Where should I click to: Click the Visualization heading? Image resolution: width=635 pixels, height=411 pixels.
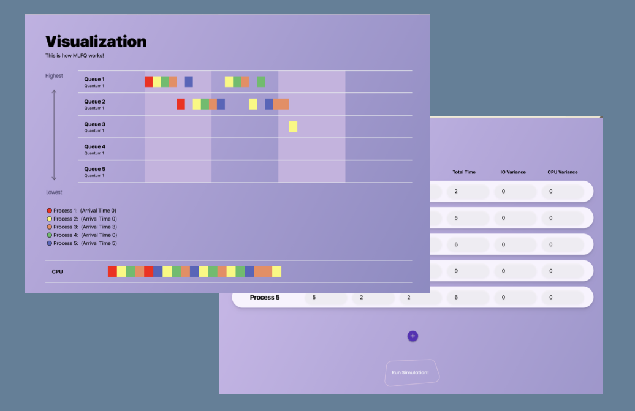pyautogui.click(x=96, y=42)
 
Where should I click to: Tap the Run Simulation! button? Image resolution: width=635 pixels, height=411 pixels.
pyautogui.click(x=411, y=372)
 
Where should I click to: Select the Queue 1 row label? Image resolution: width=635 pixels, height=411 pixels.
pyautogui.click(x=94, y=80)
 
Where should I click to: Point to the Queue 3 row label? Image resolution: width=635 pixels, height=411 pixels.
pyautogui.click(x=94, y=124)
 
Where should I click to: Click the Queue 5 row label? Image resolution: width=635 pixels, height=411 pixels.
pyautogui.click(x=94, y=169)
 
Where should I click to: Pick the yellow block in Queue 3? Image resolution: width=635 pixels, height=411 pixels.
pyautogui.click(x=293, y=126)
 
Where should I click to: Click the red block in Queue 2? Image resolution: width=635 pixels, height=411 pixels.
pyautogui.click(x=181, y=104)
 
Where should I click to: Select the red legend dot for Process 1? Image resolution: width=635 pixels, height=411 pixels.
pyautogui.click(x=50, y=211)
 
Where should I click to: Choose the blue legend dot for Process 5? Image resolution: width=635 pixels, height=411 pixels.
pyautogui.click(x=50, y=243)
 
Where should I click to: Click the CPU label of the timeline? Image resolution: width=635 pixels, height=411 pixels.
pyautogui.click(x=57, y=271)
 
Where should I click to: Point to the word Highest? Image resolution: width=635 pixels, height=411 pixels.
pyautogui.click(x=54, y=76)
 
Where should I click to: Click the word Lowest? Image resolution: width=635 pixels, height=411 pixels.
pyautogui.click(x=54, y=192)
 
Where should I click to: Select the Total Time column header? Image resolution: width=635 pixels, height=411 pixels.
pyautogui.click(x=464, y=172)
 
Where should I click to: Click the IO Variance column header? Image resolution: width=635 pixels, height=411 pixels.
pyautogui.click(x=513, y=172)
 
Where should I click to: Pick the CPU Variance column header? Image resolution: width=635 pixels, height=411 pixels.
pyautogui.click(x=563, y=172)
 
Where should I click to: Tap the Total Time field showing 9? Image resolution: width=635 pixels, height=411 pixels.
pyautogui.click(x=468, y=271)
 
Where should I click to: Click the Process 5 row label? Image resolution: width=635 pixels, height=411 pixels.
pyautogui.click(x=265, y=298)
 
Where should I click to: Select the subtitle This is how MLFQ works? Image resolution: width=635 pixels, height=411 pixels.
pyautogui.click(x=75, y=56)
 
